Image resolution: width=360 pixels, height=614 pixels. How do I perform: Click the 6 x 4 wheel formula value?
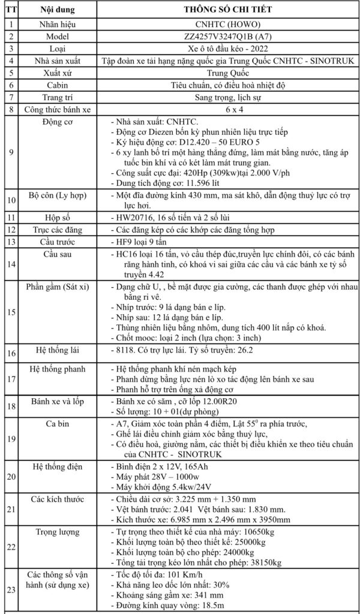pos(227,110)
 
